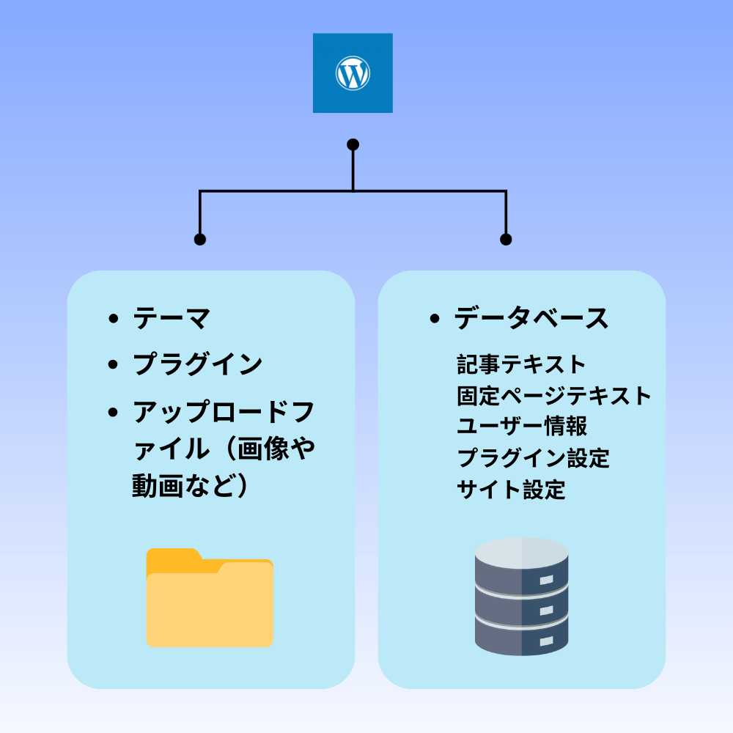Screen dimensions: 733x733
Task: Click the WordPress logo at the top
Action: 353,73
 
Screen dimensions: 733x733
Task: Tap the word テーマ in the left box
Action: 172,319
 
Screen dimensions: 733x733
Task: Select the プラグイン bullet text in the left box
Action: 197,364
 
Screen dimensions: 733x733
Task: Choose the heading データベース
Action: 531,319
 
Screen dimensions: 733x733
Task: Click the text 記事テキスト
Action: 521,364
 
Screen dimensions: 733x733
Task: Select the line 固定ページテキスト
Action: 554,395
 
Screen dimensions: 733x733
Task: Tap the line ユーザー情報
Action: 521,427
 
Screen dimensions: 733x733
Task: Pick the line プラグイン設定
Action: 533,458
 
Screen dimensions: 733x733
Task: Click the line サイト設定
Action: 511,490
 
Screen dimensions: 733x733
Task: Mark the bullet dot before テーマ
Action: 113,319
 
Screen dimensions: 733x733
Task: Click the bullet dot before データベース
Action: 435,319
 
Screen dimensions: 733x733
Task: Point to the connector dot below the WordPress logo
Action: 353,144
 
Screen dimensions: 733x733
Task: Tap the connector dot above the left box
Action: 199,239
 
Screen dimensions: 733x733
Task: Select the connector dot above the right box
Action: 505,239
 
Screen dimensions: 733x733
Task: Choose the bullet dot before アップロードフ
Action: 113,411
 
